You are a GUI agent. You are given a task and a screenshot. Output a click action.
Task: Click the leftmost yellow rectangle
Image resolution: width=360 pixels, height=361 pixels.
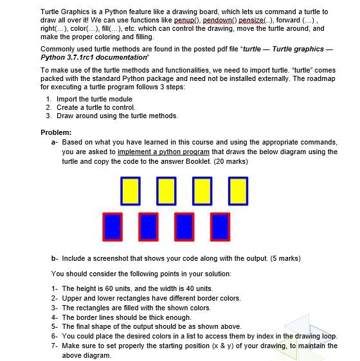click(130, 191)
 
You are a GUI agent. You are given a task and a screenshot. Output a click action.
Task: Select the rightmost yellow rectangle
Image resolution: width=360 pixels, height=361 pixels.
click(237, 191)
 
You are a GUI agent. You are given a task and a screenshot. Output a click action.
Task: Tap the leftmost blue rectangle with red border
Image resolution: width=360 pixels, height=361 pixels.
click(112, 225)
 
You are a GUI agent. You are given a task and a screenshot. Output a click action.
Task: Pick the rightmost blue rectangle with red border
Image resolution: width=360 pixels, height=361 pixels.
click(220, 225)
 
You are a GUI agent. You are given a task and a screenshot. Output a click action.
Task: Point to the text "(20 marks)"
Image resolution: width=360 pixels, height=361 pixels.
click(230, 161)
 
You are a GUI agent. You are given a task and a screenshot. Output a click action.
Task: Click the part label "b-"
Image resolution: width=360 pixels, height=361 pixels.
click(55, 258)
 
